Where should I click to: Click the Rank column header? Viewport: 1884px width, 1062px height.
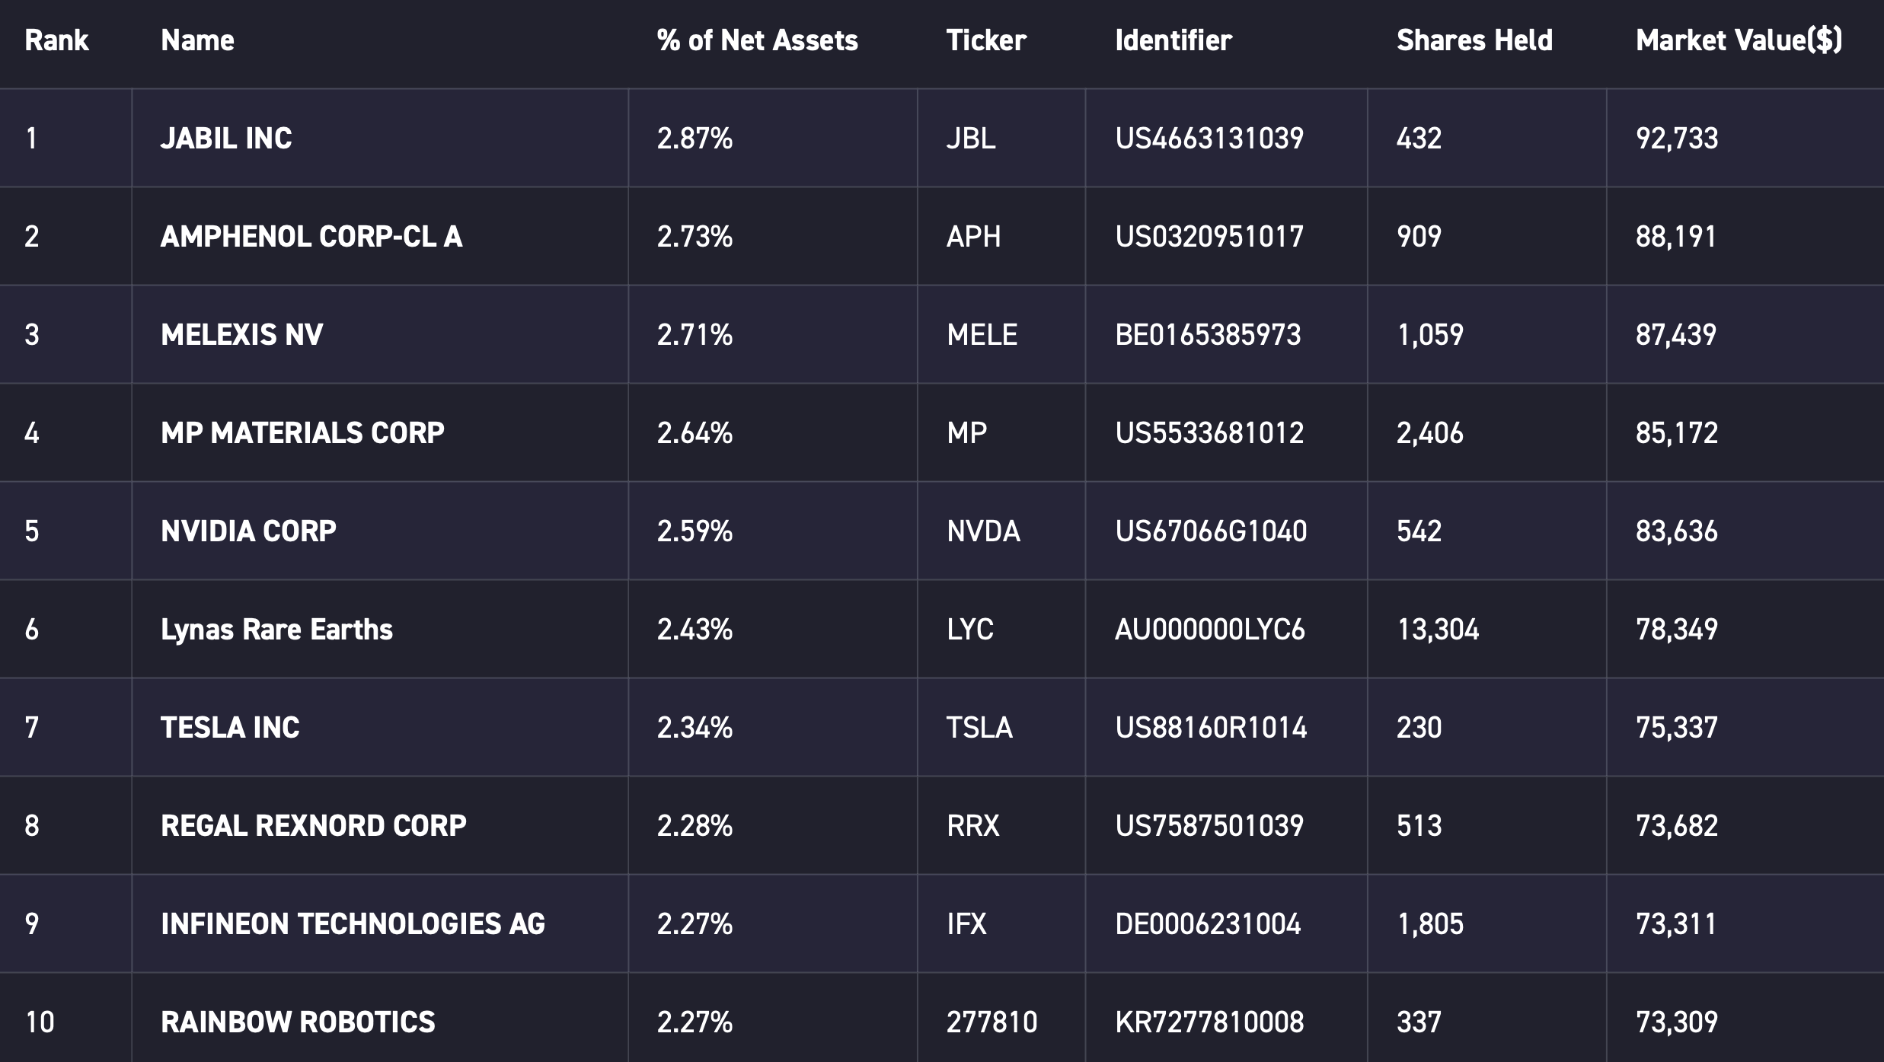click(x=56, y=40)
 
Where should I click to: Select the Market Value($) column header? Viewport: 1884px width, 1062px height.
click(x=1739, y=40)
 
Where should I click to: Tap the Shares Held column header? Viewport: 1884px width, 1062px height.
click(x=1474, y=40)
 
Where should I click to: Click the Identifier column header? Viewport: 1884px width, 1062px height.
click(x=1174, y=40)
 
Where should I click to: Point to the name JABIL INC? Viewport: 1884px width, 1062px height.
click(x=226, y=139)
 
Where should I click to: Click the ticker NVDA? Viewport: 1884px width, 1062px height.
click(x=983, y=531)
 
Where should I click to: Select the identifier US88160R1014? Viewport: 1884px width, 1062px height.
click(x=1211, y=728)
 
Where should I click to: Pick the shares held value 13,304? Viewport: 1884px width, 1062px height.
click(x=1438, y=630)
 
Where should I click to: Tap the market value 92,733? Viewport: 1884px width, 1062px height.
click(x=1677, y=139)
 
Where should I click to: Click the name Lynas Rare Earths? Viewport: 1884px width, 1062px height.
click(x=276, y=630)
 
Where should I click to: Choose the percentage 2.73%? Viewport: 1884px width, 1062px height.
click(x=695, y=237)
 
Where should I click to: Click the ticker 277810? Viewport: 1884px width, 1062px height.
click(x=991, y=1022)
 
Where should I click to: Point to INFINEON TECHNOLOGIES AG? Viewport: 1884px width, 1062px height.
click(x=353, y=924)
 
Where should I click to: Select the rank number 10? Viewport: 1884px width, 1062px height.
click(x=40, y=1022)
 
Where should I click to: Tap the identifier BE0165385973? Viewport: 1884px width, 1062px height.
click(x=1209, y=335)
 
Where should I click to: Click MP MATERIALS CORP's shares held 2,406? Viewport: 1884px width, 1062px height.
click(x=1429, y=433)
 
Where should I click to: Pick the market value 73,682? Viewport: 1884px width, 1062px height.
click(x=1677, y=826)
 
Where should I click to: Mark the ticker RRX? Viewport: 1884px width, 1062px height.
click(x=972, y=826)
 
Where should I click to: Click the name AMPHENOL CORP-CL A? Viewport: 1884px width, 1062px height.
click(x=311, y=237)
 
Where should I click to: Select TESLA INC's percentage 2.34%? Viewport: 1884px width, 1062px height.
click(x=695, y=728)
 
